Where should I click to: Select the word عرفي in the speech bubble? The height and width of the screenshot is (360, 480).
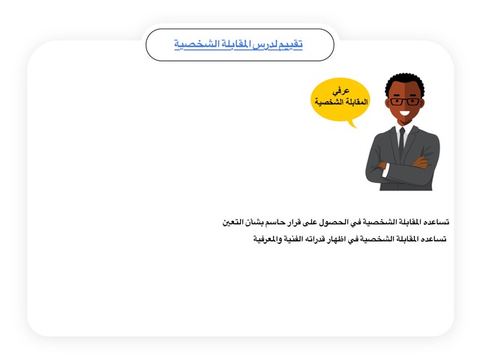tap(341, 91)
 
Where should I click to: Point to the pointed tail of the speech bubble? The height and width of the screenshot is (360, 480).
tap(355, 127)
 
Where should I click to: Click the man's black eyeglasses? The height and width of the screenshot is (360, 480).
tap(405, 102)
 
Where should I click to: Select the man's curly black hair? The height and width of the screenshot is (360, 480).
tap(405, 82)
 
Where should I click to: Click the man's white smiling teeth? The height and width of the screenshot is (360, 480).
tap(405, 113)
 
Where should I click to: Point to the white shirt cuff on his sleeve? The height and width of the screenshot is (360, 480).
tap(385, 170)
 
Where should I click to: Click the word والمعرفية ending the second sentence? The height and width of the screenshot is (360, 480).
tap(268, 239)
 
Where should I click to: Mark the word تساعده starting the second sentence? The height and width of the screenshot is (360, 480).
tap(434, 239)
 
